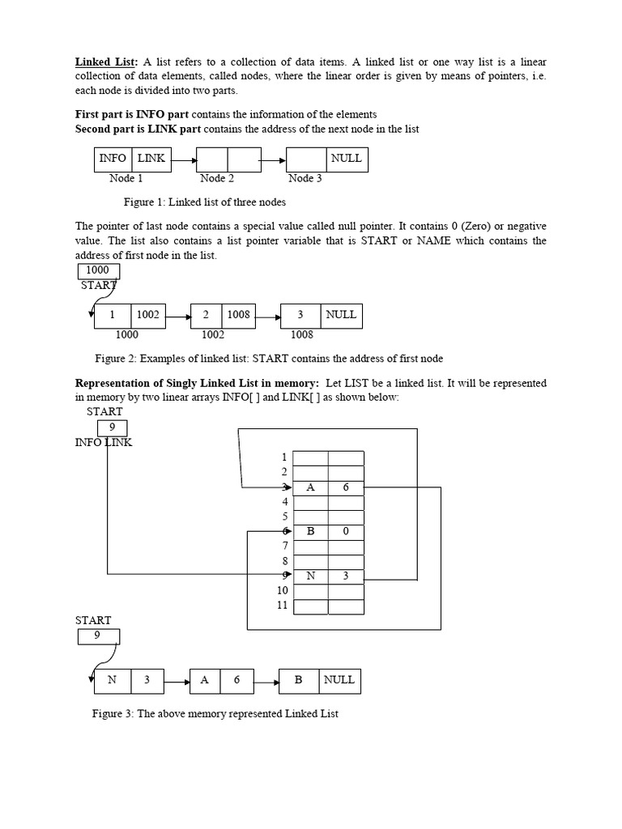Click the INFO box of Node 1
pyautogui.click(x=113, y=159)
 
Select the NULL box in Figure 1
pyautogui.click(x=347, y=159)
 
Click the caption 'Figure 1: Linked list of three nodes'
pyautogui.click(x=204, y=202)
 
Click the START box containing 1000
pyautogui.click(x=97, y=271)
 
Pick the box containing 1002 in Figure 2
pyautogui.click(x=148, y=315)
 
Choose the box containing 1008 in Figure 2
pyautogui.click(x=238, y=315)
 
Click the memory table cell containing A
pyautogui.click(x=310, y=487)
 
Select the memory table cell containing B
pyautogui.click(x=310, y=532)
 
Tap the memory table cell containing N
pyautogui.click(x=310, y=576)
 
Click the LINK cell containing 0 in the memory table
pyautogui.click(x=346, y=532)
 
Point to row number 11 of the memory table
pyautogui.click(x=282, y=605)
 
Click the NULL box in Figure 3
pyautogui.click(x=339, y=680)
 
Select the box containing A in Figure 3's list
pyautogui.click(x=205, y=681)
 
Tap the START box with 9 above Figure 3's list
pyautogui.click(x=97, y=636)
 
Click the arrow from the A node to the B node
pyautogui.click(x=266, y=681)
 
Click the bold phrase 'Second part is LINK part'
pyautogui.click(x=138, y=130)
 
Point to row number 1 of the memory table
pyautogui.click(x=284, y=457)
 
